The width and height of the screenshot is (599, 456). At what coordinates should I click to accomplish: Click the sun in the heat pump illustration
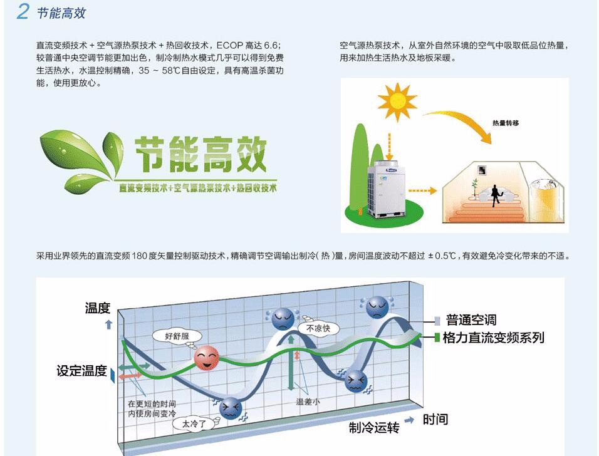(x=397, y=101)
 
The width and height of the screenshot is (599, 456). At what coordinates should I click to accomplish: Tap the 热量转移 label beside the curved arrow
(x=505, y=123)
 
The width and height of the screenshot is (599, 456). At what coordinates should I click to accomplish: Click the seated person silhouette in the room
(x=496, y=195)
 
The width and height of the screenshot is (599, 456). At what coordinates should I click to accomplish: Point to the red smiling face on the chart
(x=207, y=358)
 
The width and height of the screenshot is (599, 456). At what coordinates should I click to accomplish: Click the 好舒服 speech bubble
(x=176, y=336)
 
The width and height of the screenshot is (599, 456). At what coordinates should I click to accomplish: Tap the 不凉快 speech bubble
(x=318, y=328)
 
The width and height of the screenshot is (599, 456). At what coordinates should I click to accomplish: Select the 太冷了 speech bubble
(x=194, y=423)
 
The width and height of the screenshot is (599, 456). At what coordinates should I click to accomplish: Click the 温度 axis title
(x=97, y=308)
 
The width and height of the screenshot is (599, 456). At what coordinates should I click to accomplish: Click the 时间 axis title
(x=435, y=419)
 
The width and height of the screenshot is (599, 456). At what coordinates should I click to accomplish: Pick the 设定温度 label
(x=81, y=370)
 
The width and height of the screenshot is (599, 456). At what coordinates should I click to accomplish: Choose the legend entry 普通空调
(x=471, y=320)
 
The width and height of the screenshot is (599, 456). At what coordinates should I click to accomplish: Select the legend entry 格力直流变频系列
(x=493, y=338)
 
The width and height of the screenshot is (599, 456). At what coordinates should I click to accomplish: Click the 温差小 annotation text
(x=308, y=402)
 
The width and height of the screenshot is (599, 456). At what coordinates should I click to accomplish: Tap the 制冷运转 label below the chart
(x=374, y=427)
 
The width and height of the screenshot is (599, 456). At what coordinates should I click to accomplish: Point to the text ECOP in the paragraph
(x=229, y=46)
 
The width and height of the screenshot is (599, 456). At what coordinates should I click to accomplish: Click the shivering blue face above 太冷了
(x=231, y=408)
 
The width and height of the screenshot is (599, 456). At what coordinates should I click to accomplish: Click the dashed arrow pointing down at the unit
(x=389, y=147)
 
